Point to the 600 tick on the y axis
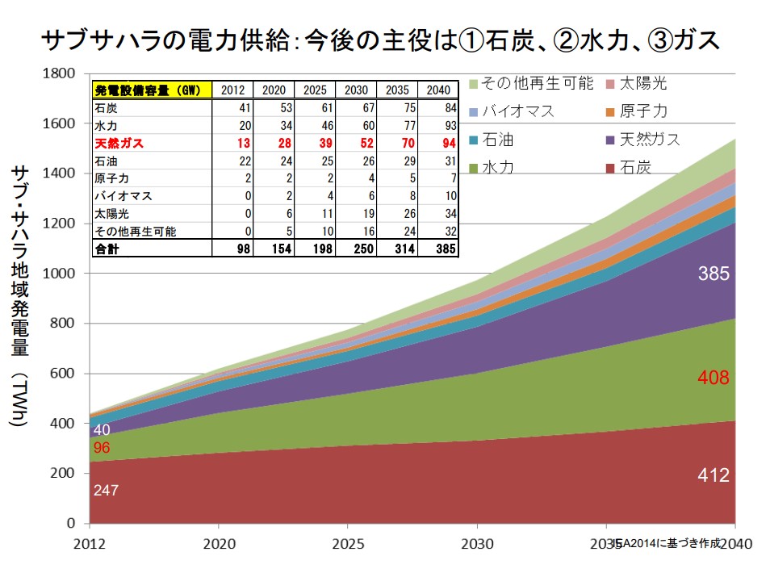(x=63, y=374)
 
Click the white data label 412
(x=714, y=475)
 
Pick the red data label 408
(x=714, y=377)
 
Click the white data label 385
(x=714, y=274)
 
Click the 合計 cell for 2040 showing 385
(x=445, y=249)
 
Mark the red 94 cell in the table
(x=448, y=142)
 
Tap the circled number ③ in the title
(x=661, y=40)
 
